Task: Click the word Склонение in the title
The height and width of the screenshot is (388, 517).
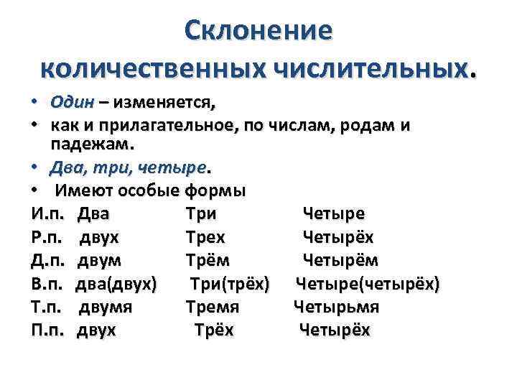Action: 258,30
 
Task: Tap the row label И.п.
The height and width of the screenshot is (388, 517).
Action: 48,214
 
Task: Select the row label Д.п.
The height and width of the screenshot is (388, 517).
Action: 48,260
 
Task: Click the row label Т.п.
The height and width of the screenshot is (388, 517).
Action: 48,307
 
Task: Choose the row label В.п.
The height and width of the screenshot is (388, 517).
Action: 48,284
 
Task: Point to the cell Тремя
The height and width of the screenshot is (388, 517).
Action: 212,307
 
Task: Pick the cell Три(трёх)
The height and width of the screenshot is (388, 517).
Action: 230,284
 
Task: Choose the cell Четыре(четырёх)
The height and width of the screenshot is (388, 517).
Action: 368,284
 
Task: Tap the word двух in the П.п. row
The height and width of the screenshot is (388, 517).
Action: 96,330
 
